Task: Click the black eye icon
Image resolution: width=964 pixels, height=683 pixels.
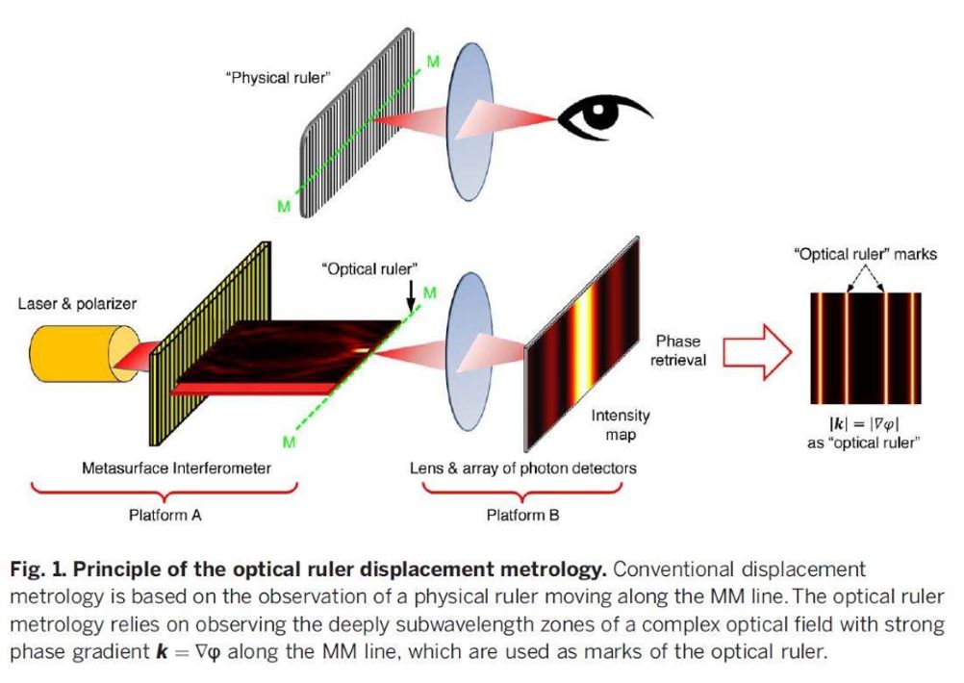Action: point(599,116)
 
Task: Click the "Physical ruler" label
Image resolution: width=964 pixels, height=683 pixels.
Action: point(278,78)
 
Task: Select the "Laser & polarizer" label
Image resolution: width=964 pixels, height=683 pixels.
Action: point(77,304)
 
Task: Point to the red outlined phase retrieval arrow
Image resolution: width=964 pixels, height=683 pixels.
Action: point(757,352)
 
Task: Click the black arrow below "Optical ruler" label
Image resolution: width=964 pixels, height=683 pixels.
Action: point(412,297)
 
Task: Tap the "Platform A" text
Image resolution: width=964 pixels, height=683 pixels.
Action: point(165,516)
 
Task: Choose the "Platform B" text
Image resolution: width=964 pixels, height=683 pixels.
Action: point(522,516)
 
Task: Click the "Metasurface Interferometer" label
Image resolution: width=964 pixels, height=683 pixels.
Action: point(176,468)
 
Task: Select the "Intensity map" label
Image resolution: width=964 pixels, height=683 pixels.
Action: point(621,425)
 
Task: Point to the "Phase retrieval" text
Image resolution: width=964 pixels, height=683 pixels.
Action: point(678,350)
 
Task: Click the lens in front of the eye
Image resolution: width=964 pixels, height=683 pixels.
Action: point(470,122)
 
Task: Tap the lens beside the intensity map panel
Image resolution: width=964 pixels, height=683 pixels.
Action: point(470,352)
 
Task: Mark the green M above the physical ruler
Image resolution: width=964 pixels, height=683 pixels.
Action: point(434,62)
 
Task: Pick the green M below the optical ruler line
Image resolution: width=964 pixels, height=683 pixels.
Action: point(289,442)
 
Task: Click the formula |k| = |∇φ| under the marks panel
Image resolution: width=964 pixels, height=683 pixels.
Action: point(864,423)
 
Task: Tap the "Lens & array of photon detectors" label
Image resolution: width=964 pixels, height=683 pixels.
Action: point(523,468)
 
